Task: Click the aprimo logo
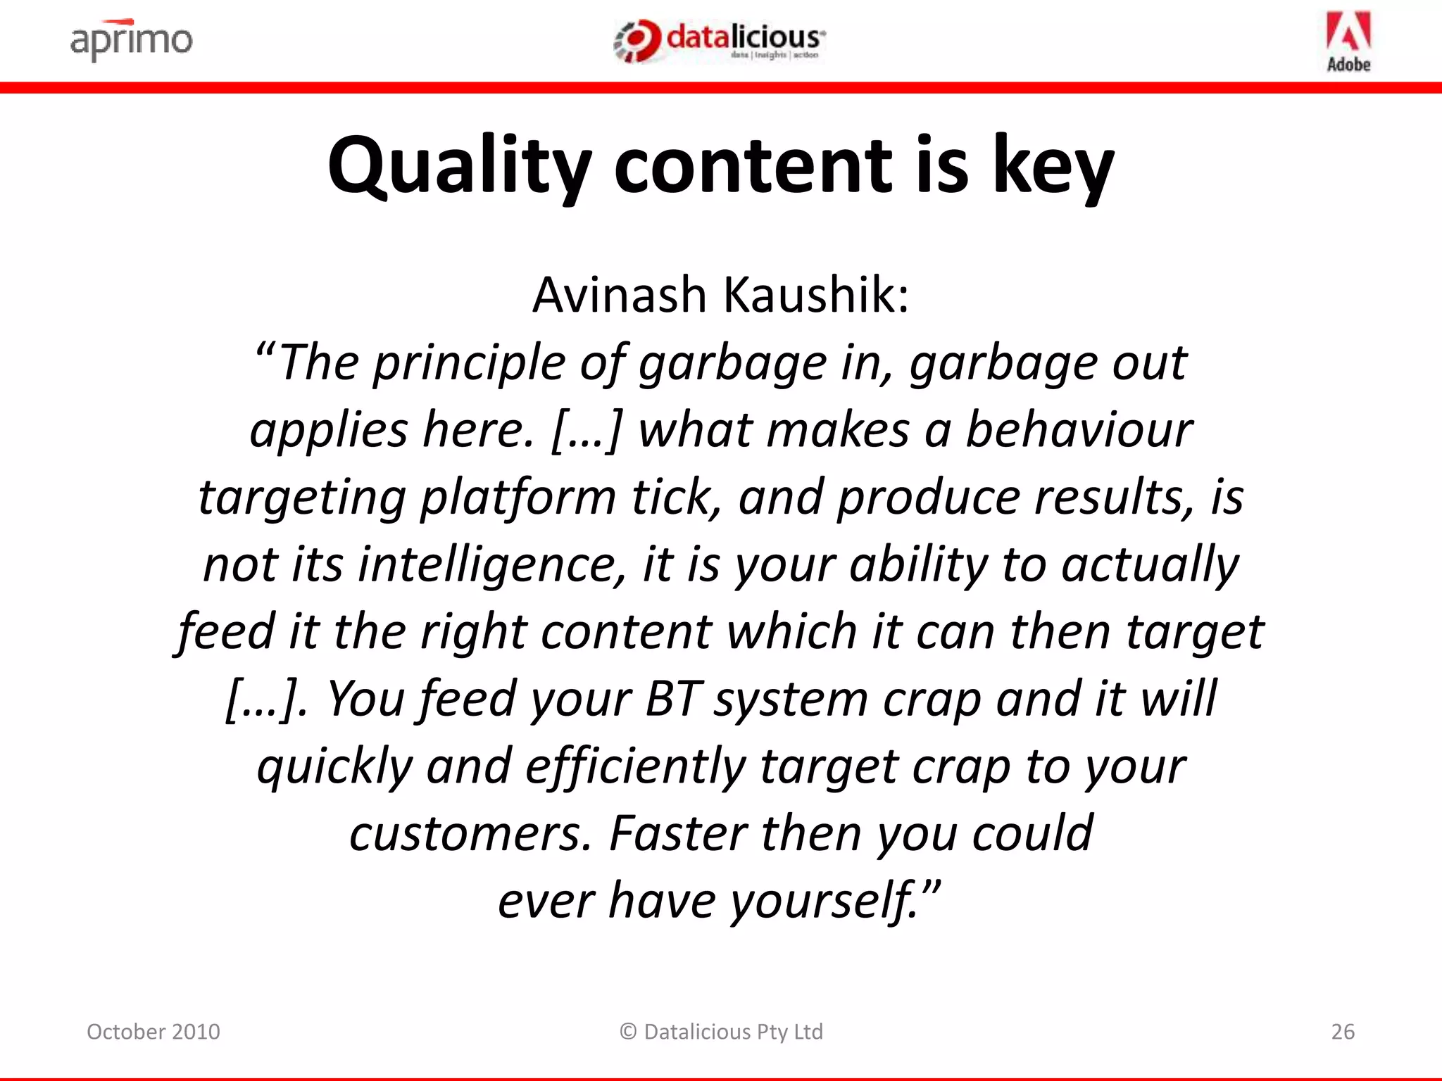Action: (131, 40)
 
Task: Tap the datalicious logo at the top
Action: (720, 41)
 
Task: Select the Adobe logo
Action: (1348, 42)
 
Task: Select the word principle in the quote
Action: (469, 363)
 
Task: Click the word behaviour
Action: (1079, 429)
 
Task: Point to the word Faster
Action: (677, 833)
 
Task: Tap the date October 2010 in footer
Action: (153, 1032)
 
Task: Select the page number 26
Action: (1343, 1032)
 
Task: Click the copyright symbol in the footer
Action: (628, 1032)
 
